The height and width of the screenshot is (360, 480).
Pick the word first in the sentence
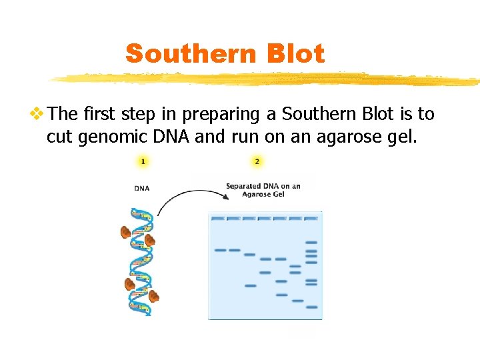click(100, 115)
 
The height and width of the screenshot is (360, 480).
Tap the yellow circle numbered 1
click(143, 161)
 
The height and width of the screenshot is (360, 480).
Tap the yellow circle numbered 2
click(257, 161)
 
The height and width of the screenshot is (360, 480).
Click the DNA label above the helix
click(142, 188)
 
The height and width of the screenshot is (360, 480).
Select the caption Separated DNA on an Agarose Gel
click(263, 190)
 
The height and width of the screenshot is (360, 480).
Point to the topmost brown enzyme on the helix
click(125, 232)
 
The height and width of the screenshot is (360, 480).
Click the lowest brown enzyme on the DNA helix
click(154, 295)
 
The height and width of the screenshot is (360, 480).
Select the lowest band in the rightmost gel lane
click(311, 307)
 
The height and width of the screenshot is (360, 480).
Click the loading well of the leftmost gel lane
click(217, 218)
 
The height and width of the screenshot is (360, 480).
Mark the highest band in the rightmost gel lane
click(311, 242)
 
